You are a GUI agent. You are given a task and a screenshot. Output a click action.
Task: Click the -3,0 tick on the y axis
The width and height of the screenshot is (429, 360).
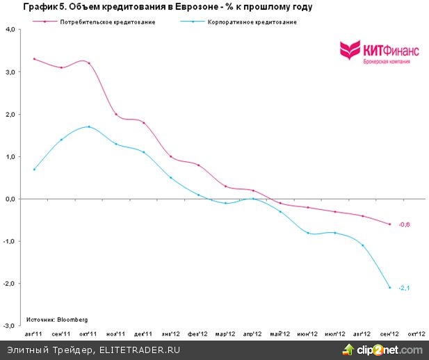pyautogui.click(x=12, y=325)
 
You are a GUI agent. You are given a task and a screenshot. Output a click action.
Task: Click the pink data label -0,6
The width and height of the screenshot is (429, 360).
pyautogui.click(x=403, y=224)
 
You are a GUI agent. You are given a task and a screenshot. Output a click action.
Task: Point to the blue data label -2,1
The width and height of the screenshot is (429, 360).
pyautogui.click(x=403, y=288)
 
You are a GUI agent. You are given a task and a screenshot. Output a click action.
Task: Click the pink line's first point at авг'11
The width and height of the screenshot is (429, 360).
pyautogui.click(x=35, y=59)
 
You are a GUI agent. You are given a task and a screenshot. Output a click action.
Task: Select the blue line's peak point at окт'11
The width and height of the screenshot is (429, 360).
pyautogui.click(x=89, y=126)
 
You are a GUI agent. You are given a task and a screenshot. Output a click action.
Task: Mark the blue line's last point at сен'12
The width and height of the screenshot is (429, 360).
pyautogui.click(x=389, y=287)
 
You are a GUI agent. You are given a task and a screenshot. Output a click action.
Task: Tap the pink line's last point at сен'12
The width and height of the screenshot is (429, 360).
pyautogui.click(x=389, y=224)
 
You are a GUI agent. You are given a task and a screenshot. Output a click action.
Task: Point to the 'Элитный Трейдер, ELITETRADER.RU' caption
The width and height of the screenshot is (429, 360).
pyautogui.click(x=93, y=350)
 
